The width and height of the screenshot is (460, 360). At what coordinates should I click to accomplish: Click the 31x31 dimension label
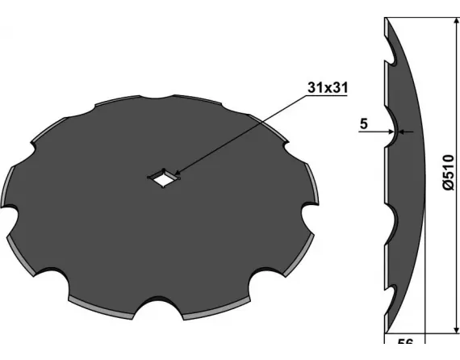point(328,87)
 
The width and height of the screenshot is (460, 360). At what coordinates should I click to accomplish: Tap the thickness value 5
point(363,123)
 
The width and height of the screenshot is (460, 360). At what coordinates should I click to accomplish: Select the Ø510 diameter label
point(448,173)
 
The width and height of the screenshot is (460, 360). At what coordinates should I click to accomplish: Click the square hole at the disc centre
point(163,178)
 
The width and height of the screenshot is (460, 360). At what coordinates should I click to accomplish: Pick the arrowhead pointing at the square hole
point(177,174)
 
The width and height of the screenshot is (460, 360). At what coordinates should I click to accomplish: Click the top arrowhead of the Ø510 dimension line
point(457,22)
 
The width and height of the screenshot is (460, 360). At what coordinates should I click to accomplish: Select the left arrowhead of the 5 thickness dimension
point(391,132)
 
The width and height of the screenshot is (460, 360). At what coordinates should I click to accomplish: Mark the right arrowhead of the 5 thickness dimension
point(402,132)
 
